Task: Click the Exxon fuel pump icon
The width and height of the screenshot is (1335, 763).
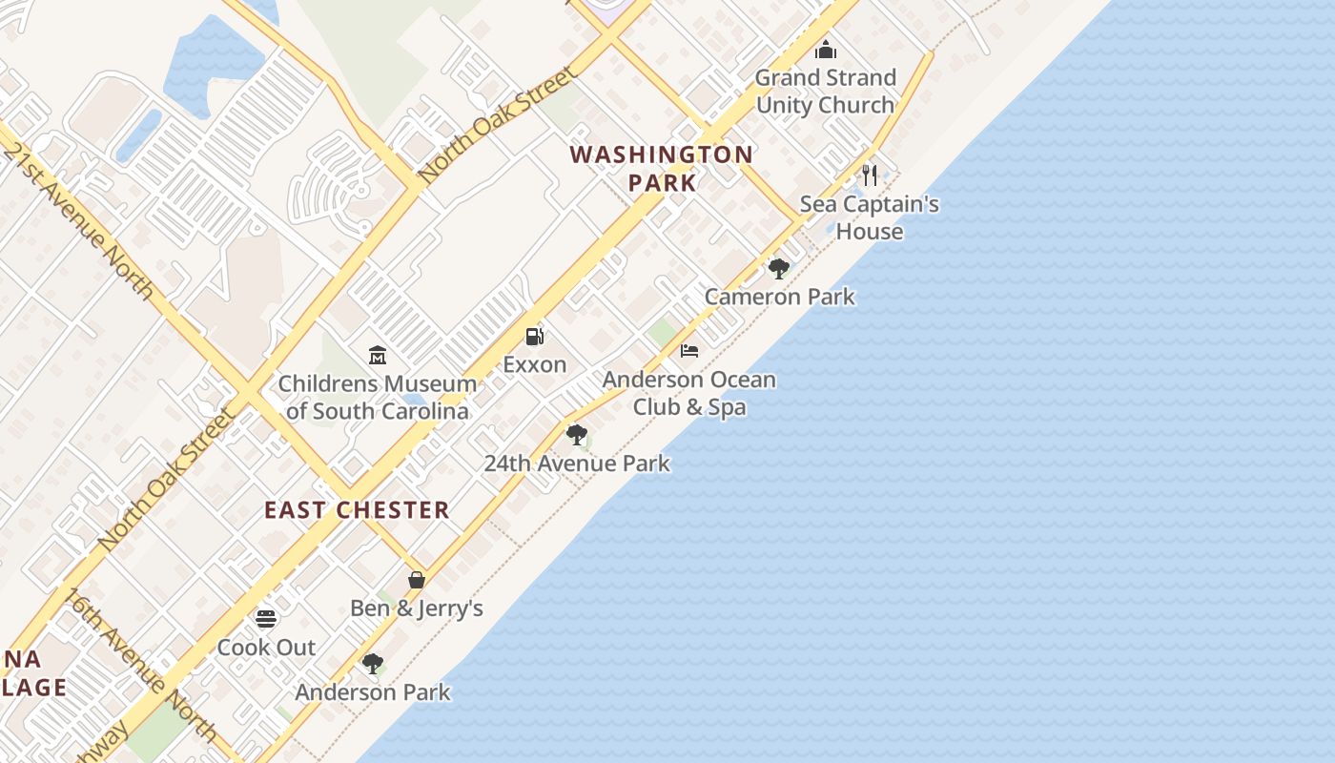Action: click(535, 336)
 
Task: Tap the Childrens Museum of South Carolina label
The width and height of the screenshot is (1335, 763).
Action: click(377, 398)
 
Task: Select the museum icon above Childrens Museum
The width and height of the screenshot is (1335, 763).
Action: click(378, 356)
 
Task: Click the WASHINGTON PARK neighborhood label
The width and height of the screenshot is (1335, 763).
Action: click(662, 168)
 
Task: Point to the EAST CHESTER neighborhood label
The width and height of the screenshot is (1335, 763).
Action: click(357, 510)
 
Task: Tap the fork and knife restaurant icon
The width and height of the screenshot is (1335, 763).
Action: click(869, 175)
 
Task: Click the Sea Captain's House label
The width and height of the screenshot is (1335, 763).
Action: click(869, 217)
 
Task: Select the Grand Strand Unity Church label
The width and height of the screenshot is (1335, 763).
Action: click(826, 91)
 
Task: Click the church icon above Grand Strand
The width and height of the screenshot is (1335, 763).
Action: click(826, 49)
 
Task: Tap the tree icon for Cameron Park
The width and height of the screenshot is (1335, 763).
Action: click(779, 269)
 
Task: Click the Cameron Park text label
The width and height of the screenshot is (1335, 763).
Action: click(779, 297)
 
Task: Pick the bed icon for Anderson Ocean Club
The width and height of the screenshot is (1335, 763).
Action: click(689, 351)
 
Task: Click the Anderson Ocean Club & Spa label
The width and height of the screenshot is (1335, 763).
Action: click(688, 393)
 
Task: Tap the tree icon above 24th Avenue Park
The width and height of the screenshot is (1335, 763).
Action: click(576, 436)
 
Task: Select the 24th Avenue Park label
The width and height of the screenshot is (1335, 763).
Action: click(576, 464)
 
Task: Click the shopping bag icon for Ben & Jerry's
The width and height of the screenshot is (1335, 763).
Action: click(417, 580)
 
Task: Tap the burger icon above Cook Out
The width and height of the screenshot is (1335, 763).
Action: click(266, 619)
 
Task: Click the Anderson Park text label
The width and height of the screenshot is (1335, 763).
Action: click(372, 692)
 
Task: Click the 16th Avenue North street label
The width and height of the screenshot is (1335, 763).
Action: click(141, 667)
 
